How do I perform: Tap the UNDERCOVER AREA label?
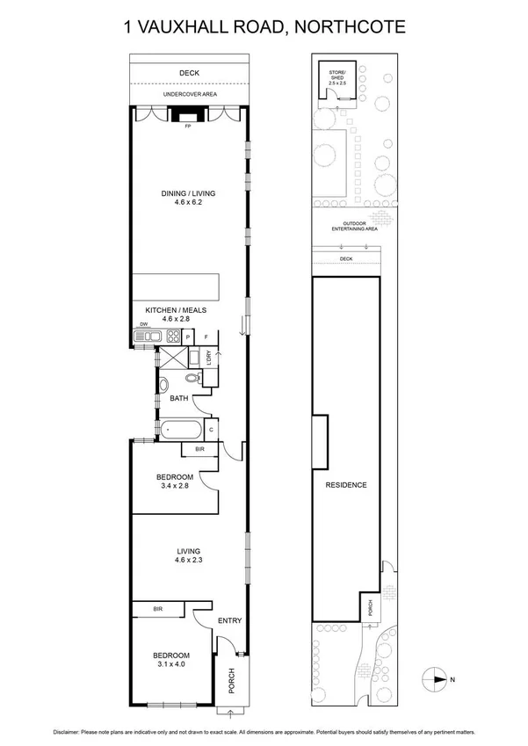coord(188,94)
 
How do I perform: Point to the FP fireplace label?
coord(187,127)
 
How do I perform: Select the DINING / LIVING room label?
coord(187,193)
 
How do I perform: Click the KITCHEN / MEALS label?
coord(175,310)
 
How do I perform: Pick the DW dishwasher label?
coord(142,324)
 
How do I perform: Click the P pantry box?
coord(188,337)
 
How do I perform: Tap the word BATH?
coord(179,399)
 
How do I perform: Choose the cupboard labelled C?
coord(212,429)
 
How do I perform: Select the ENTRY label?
coord(229,621)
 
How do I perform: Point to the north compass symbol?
coord(435,678)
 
